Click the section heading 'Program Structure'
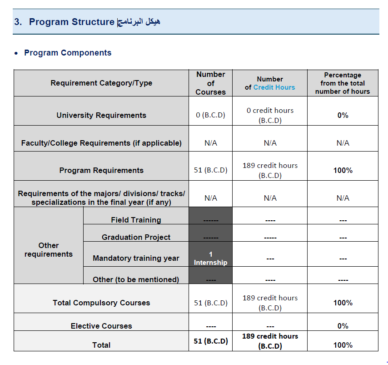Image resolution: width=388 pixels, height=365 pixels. pyautogui.click(x=71, y=22)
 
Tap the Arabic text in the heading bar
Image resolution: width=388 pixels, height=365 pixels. pyautogui.click(x=139, y=22)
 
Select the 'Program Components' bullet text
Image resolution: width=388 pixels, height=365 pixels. pyautogui.click(x=68, y=53)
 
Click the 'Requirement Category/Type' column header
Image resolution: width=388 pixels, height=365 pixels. pyautogui.click(x=101, y=83)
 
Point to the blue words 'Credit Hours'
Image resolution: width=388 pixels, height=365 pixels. pyautogui.click(x=274, y=87)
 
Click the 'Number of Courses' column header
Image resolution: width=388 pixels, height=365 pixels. pyautogui.click(x=210, y=83)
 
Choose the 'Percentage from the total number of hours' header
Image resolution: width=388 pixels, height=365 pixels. pyautogui.click(x=343, y=83)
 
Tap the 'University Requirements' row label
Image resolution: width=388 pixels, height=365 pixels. pyautogui.click(x=101, y=115)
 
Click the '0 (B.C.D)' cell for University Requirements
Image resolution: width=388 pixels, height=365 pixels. pyautogui.click(x=210, y=115)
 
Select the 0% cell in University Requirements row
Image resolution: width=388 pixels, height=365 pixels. pyautogui.click(x=343, y=115)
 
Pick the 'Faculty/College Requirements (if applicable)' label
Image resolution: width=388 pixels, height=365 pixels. pyautogui.click(x=101, y=143)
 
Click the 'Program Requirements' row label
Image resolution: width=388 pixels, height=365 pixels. pyautogui.click(x=101, y=170)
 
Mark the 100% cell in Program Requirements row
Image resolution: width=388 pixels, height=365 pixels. pyautogui.click(x=343, y=170)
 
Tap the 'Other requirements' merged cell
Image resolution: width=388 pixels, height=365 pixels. pyautogui.click(x=49, y=250)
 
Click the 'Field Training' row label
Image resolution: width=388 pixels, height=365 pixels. pyautogui.click(x=136, y=220)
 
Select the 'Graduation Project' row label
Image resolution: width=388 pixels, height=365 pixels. pyautogui.click(x=136, y=237)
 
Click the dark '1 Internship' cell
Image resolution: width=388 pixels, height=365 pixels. pyautogui.click(x=210, y=258)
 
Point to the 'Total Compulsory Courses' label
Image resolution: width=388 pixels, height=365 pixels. pyautogui.click(x=101, y=303)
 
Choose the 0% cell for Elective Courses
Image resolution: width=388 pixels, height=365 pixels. pyautogui.click(x=343, y=326)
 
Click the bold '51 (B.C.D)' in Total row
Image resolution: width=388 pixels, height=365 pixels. pyautogui.click(x=210, y=341)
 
